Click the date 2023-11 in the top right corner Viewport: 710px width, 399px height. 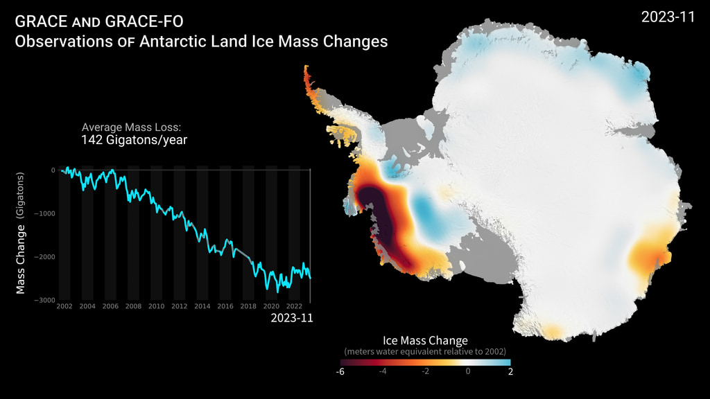coord(668,17)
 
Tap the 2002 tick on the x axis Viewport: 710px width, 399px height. coord(64,306)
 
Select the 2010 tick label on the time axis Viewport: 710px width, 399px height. coord(156,306)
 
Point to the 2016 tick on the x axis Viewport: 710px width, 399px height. coord(225,306)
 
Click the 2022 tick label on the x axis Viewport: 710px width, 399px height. coord(293,306)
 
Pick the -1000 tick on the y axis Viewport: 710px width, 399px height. coord(46,213)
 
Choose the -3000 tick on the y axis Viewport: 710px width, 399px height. coord(46,300)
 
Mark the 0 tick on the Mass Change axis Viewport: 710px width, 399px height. coord(53,170)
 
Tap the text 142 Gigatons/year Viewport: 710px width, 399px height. coord(135,140)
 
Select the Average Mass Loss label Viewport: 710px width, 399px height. coord(131,127)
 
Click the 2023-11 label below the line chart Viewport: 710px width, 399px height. coord(291,319)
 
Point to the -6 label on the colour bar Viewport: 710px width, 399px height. coord(340,371)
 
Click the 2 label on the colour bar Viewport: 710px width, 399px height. coord(510,371)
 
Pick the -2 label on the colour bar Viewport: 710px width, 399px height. coord(426,371)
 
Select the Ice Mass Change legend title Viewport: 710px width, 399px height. coord(425,341)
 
